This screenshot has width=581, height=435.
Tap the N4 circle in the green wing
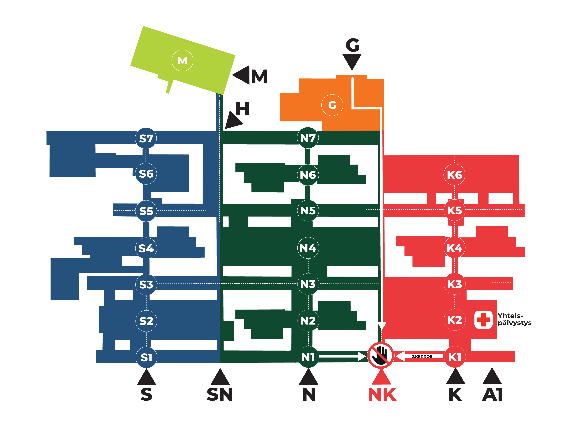[x=308, y=248]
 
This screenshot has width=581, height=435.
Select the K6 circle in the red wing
[x=454, y=175]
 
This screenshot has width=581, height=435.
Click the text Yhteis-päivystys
[x=514, y=319]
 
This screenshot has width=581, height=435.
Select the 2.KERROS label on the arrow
[x=422, y=357]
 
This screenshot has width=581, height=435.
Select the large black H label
[x=242, y=109]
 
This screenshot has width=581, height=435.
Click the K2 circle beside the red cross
[x=455, y=320]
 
